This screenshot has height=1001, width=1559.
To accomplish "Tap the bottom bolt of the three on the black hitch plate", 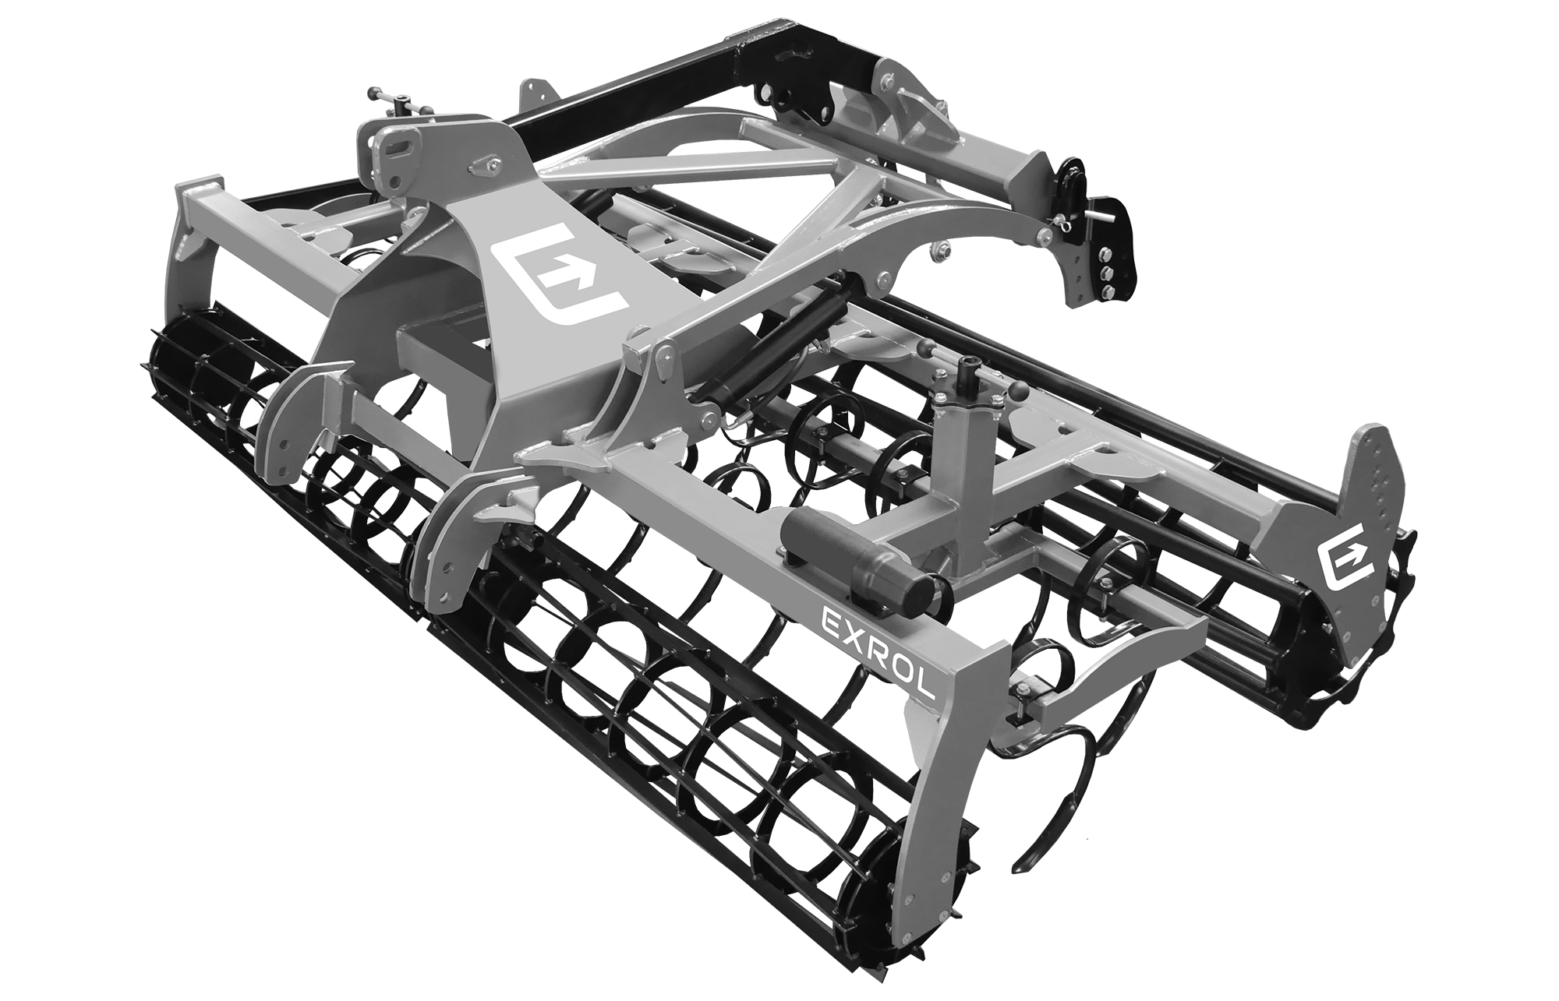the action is point(1106,291).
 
